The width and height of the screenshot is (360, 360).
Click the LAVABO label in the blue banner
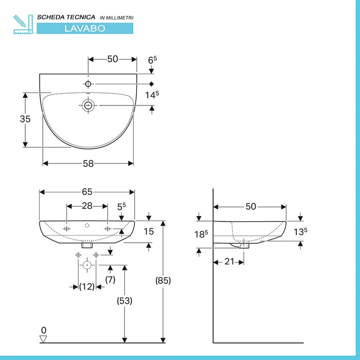pos(85,28)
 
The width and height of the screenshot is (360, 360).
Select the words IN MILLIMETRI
pos(116,18)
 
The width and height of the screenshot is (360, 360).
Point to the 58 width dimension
pos(88,164)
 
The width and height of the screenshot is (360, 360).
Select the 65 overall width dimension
pos(87,192)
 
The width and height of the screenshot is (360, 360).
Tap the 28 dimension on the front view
pos(87,206)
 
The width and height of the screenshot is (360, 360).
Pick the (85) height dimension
pos(163,281)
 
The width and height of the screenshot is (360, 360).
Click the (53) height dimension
pos(124,301)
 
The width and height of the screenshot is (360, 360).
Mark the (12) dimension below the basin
pos(87,286)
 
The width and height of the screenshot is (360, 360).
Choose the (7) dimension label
pos(110,280)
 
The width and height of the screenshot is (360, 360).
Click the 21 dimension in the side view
pos(229,261)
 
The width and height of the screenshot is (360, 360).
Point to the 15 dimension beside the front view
pos(149,231)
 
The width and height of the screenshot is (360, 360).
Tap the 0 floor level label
pos(44,330)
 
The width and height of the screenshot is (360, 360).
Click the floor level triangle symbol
pos(44,338)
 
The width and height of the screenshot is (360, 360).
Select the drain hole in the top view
pos(88,105)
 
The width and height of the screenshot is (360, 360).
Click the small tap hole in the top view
pos(88,83)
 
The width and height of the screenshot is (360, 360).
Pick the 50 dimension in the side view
pos(250,206)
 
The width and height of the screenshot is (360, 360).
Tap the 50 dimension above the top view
pos(113,59)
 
